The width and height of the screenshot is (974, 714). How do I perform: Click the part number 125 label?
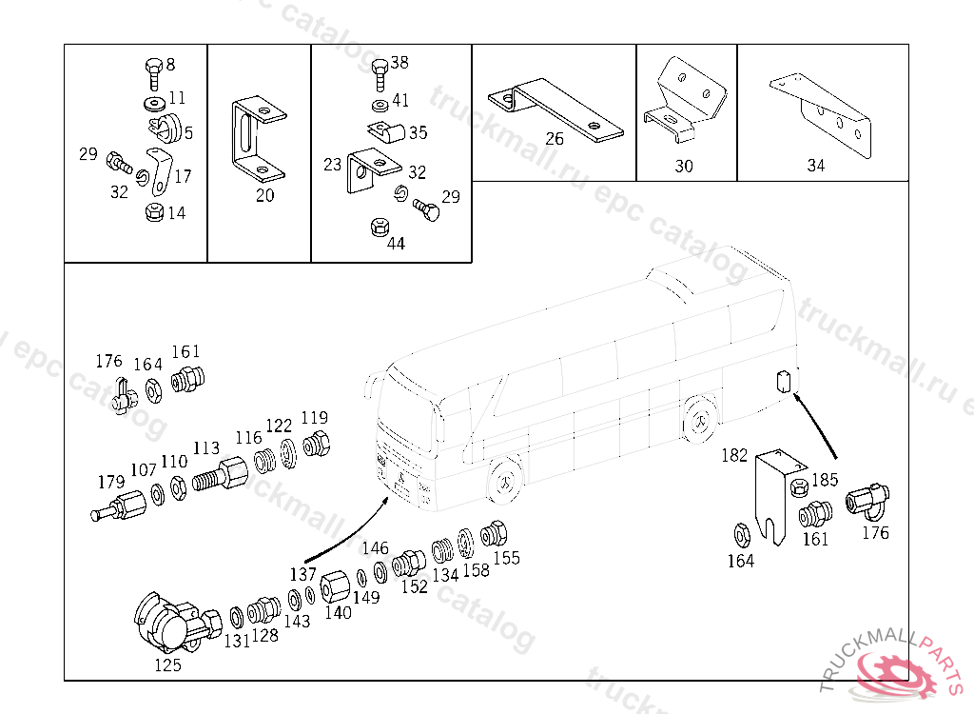coord(167,664)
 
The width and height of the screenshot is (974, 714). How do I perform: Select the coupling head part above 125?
coord(177,622)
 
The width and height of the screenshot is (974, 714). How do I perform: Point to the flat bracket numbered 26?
coord(555,109)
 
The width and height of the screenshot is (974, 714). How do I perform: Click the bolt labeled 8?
coord(154,73)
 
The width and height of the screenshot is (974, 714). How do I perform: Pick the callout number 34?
coord(815,166)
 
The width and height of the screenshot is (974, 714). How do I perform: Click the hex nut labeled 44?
coord(379,228)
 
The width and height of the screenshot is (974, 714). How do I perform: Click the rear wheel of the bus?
coord(700,420)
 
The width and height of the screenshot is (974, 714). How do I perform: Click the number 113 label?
coord(206,448)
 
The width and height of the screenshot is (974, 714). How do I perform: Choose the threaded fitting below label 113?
coord(220,475)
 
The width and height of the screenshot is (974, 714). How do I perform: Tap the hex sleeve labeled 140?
coord(336,585)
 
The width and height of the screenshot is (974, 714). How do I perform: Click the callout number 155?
coord(506,558)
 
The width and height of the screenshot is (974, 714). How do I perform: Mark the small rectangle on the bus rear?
coord(784,381)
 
